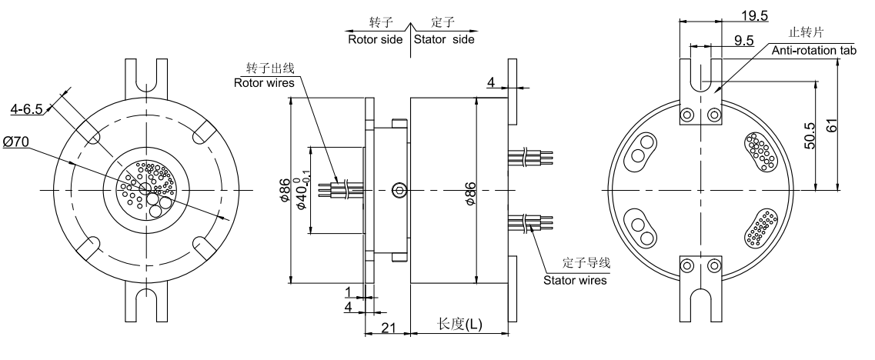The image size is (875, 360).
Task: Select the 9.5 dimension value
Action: (743, 41)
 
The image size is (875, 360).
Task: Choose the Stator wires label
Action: (575, 280)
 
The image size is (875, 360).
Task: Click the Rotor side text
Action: (376, 38)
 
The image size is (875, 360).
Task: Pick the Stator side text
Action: (444, 38)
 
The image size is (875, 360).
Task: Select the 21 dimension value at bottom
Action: (388, 328)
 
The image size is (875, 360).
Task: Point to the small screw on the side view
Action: (398, 189)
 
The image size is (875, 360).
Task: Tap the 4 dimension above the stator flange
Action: (490, 81)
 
